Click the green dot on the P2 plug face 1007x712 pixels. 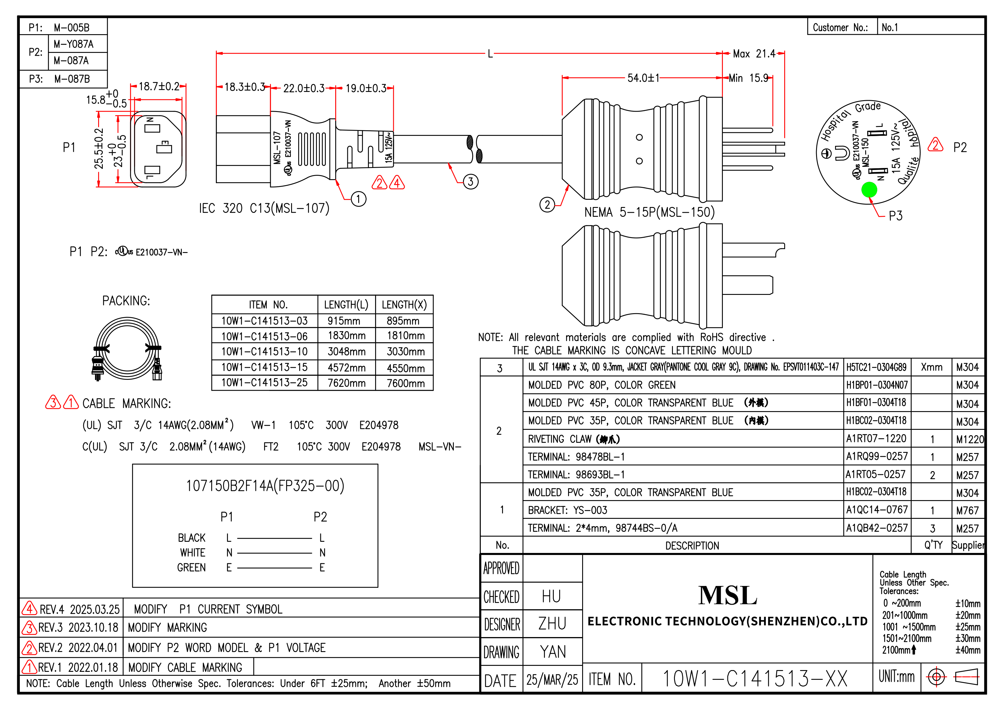pos(869,189)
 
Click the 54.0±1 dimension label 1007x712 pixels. pos(643,78)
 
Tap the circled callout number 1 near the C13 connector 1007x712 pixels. pos(358,199)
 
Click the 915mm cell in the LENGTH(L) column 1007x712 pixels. pos(344,321)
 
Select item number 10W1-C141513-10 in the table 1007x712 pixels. pos(264,351)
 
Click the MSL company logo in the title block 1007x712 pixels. pos(728,595)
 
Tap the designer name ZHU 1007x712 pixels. pos(552,623)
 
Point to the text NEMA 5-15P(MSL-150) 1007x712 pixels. pos(649,212)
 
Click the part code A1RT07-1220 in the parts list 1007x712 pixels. pos(876,438)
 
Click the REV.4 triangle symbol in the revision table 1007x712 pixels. pos(29,608)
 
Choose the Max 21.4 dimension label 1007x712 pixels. pos(754,53)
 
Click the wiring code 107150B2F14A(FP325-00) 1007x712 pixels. pos(265,486)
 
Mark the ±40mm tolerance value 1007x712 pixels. pos(967,650)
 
